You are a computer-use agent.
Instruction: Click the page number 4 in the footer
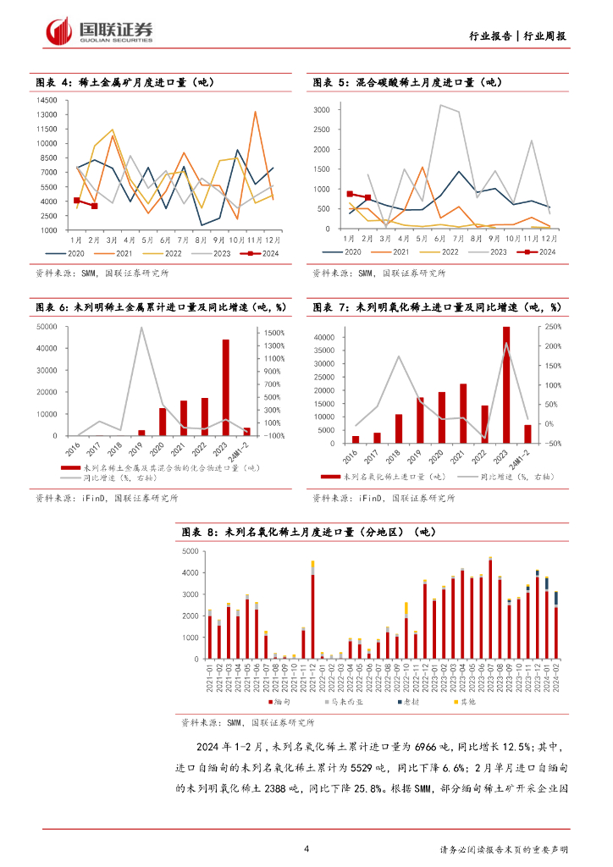click(306, 848)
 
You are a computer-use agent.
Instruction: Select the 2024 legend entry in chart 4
click(262, 252)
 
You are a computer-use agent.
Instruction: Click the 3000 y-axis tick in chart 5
click(321, 110)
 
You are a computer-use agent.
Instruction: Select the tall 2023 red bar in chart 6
click(226, 387)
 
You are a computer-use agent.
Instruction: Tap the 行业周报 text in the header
click(544, 36)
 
